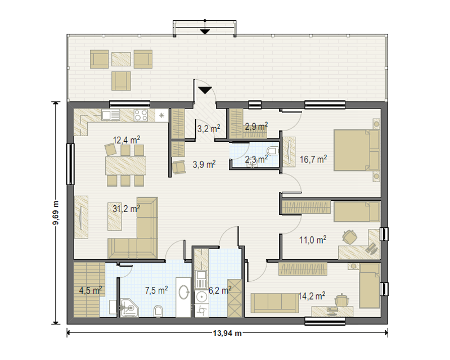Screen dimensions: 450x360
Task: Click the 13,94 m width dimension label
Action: [227, 334]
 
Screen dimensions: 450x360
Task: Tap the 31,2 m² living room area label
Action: [126, 209]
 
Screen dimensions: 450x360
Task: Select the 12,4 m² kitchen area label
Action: [127, 140]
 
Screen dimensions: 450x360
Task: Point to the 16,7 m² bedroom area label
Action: [313, 159]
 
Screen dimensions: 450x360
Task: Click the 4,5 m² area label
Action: [91, 290]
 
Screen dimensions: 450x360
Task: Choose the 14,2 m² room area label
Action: [312, 296]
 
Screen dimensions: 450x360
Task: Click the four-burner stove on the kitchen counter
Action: [141, 115]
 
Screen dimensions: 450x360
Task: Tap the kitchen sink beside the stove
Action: [110, 115]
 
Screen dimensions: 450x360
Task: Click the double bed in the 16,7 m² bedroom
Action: [357, 150]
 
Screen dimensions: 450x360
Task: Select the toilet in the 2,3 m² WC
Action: [272, 150]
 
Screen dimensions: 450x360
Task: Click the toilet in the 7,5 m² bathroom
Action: [158, 311]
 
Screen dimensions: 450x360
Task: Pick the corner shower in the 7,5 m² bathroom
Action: [129, 308]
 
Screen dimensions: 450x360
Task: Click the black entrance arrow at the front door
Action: [205, 90]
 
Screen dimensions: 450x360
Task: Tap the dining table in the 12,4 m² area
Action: [125, 165]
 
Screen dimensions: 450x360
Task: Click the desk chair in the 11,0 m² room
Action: [349, 237]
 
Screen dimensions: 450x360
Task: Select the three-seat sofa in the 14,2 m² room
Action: [274, 303]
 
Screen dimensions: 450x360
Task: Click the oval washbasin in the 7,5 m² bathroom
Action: [184, 292]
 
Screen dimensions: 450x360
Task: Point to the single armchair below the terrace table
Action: [121, 81]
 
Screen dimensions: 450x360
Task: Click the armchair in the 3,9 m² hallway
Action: [179, 166]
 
